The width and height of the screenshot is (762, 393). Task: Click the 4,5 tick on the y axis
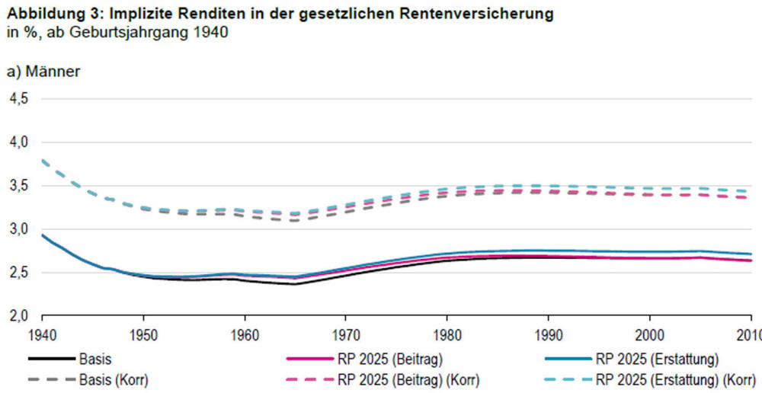point(18,99)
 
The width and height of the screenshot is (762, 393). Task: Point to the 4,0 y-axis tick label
point(18,142)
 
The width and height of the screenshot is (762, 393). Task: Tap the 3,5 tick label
point(18,186)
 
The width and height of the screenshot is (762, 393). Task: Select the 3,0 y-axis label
point(18,229)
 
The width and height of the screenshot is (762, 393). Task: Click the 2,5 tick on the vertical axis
point(18,273)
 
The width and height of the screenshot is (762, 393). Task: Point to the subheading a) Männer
point(43,72)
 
